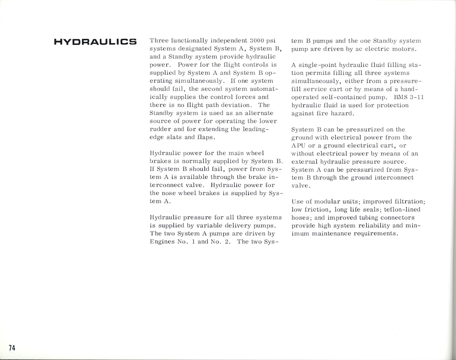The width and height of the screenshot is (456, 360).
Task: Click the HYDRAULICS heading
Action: click(95, 42)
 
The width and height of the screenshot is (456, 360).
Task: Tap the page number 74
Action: click(12, 347)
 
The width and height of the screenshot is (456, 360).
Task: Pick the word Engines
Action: click(162, 241)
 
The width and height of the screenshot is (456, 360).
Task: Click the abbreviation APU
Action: click(300, 145)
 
